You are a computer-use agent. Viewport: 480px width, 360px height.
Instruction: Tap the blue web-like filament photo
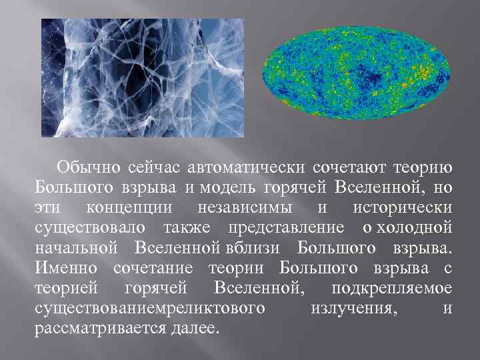point(143,77)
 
